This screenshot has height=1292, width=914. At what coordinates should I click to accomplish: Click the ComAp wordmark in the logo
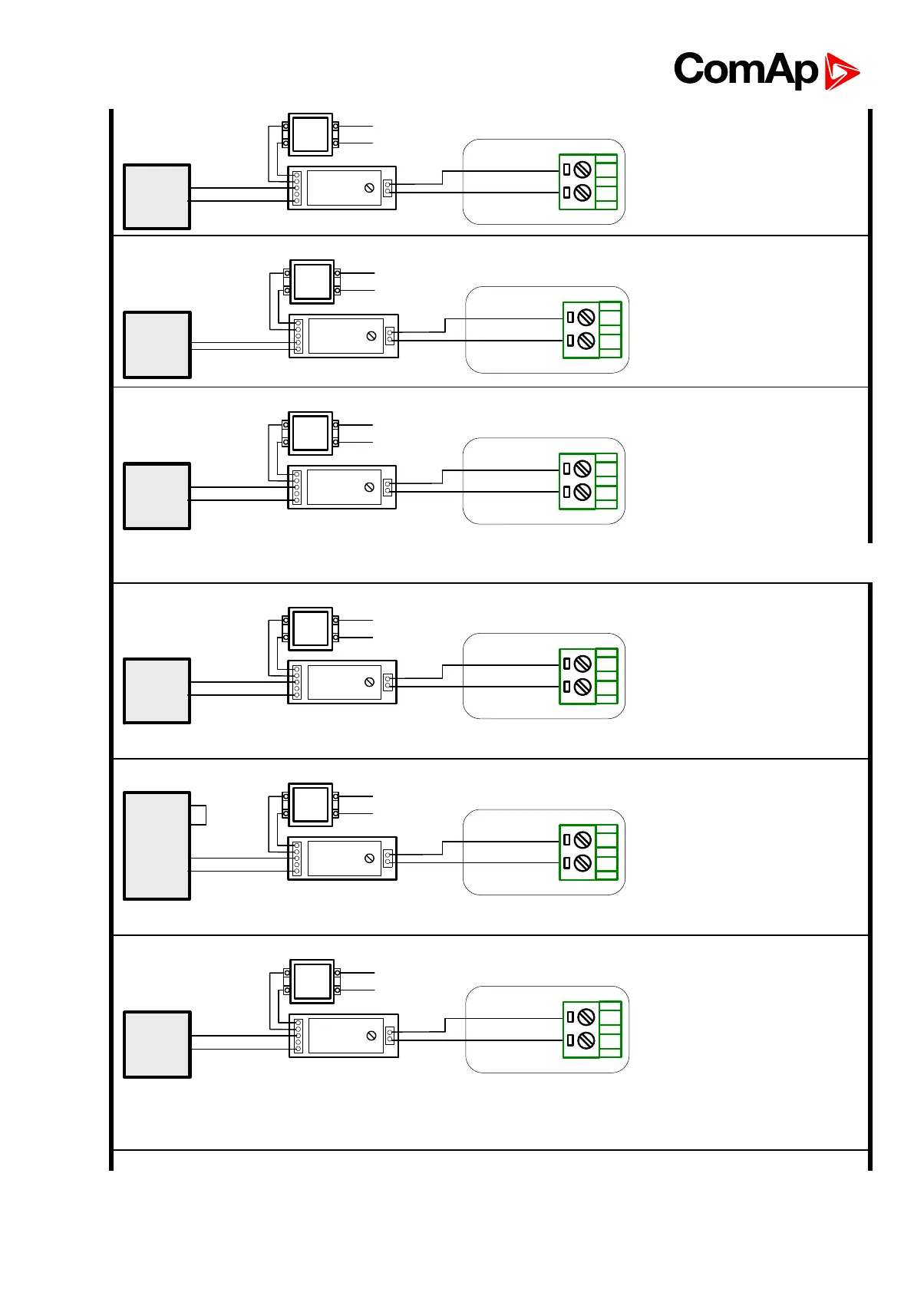(x=745, y=70)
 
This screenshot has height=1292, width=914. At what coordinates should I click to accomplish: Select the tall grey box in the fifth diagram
(x=157, y=845)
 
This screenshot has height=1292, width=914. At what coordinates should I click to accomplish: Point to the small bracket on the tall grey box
(x=199, y=815)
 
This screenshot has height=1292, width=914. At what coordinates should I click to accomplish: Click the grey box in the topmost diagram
(x=157, y=196)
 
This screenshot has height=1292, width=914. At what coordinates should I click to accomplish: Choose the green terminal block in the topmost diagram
(x=589, y=182)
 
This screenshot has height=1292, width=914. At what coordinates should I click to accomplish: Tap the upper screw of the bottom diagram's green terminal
(x=586, y=1017)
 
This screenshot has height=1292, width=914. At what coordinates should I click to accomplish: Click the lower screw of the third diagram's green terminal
(x=582, y=492)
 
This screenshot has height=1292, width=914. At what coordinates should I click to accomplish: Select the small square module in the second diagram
(x=312, y=282)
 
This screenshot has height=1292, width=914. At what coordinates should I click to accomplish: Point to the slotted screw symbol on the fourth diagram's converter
(x=369, y=682)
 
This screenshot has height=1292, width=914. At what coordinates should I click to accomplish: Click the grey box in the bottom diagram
(x=157, y=1044)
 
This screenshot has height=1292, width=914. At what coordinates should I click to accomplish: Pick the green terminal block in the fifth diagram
(x=589, y=852)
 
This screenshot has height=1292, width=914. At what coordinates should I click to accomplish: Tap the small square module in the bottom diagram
(x=312, y=981)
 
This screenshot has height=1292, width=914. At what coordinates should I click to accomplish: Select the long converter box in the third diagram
(x=342, y=487)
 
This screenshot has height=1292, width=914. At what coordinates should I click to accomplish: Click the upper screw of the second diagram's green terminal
(x=586, y=317)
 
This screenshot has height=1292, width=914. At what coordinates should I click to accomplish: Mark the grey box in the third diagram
(x=157, y=496)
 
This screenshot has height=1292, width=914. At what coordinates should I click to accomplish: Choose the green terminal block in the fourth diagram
(x=589, y=676)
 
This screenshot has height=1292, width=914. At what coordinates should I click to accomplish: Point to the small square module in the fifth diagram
(x=311, y=804)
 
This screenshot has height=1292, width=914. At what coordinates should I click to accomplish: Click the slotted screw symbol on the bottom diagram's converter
(x=371, y=1035)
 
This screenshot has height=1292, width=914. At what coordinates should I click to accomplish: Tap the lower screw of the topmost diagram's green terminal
(x=582, y=193)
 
